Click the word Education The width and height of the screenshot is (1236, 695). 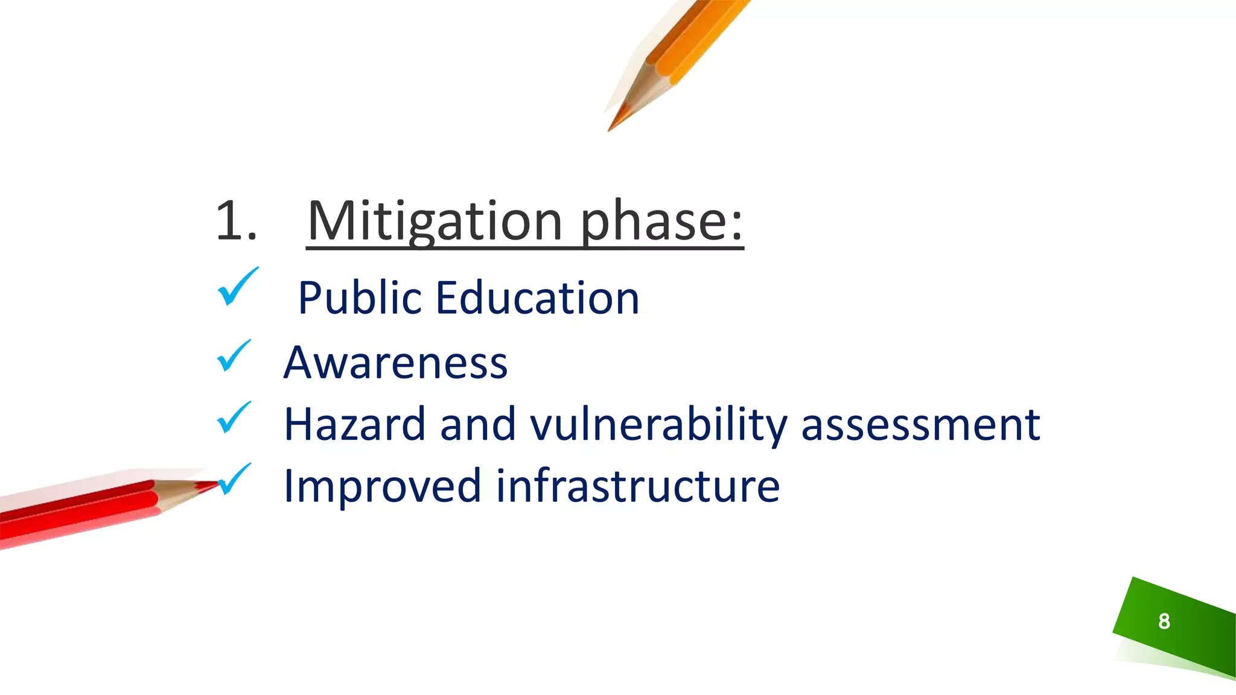tap(537, 298)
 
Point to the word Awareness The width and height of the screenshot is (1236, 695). tap(396, 363)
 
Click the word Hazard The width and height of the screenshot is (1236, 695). tap(355, 425)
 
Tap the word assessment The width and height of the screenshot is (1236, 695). tap(920, 425)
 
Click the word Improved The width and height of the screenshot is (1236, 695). tap(382, 486)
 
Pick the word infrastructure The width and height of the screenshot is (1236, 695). tap(638, 486)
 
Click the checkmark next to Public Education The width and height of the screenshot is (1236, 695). tap(237, 287)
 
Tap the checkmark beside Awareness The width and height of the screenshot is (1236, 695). tap(233, 355)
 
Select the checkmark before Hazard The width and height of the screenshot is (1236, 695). tap(233, 417)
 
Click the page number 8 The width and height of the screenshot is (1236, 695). tap(1164, 621)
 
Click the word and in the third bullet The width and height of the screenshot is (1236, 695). tap(477, 425)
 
